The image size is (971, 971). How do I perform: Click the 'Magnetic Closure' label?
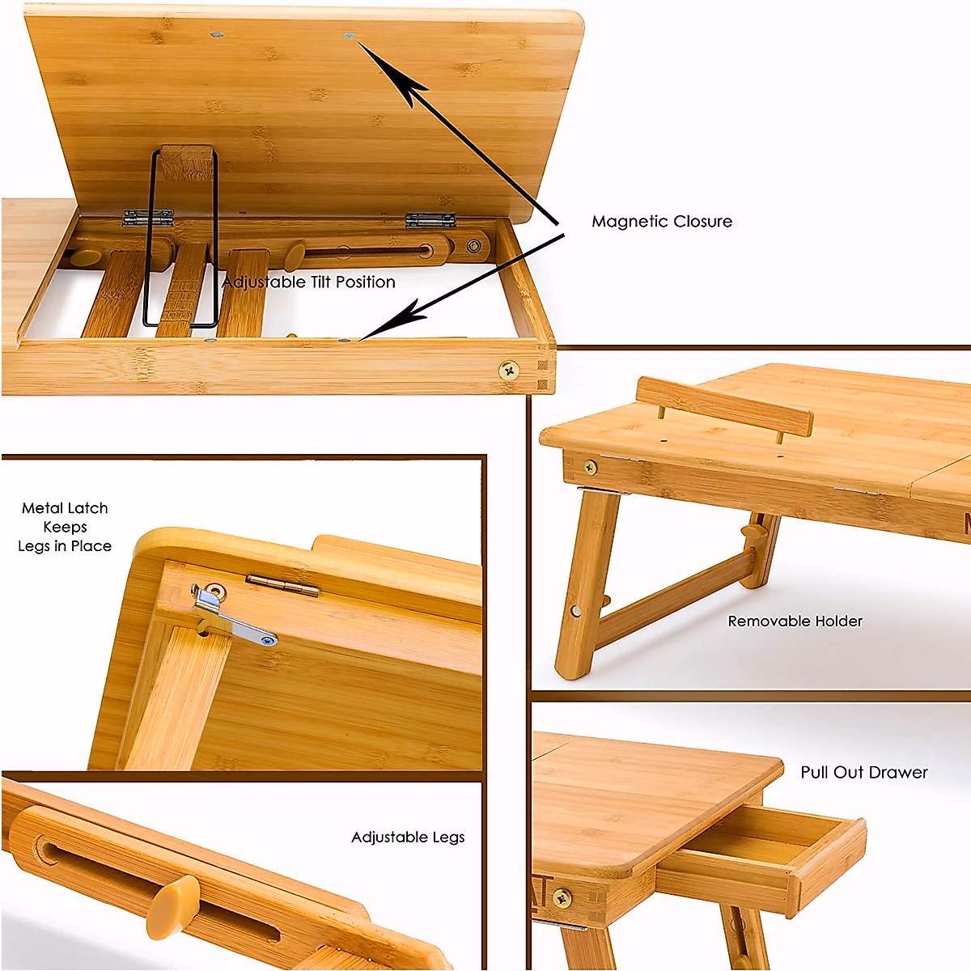coord(661,222)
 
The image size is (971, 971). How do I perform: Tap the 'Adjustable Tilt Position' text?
coord(308,282)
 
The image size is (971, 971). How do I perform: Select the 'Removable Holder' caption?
coord(795,621)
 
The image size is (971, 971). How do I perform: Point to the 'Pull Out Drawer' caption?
coord(863,773)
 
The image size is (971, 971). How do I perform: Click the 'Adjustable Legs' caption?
coord(408,837)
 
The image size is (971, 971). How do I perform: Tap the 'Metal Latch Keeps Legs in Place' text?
coord(65,527)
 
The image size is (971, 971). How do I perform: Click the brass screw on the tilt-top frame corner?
coord(509,371)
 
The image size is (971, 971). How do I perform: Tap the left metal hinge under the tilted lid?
coord(148,217)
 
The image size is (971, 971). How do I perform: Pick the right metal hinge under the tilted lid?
coord(430,219)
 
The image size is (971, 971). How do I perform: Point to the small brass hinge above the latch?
coord(282,584)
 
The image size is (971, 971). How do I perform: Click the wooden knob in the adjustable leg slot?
coord(172,904)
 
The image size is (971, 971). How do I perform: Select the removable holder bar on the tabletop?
coord(724,406)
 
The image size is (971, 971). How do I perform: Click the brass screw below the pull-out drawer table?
coord(562,897)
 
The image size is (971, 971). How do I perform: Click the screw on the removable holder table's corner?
coord(591,467)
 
